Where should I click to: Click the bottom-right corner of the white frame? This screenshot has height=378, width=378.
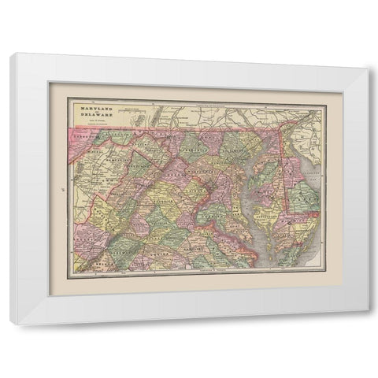pyautogui.click(x=367, y=324)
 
